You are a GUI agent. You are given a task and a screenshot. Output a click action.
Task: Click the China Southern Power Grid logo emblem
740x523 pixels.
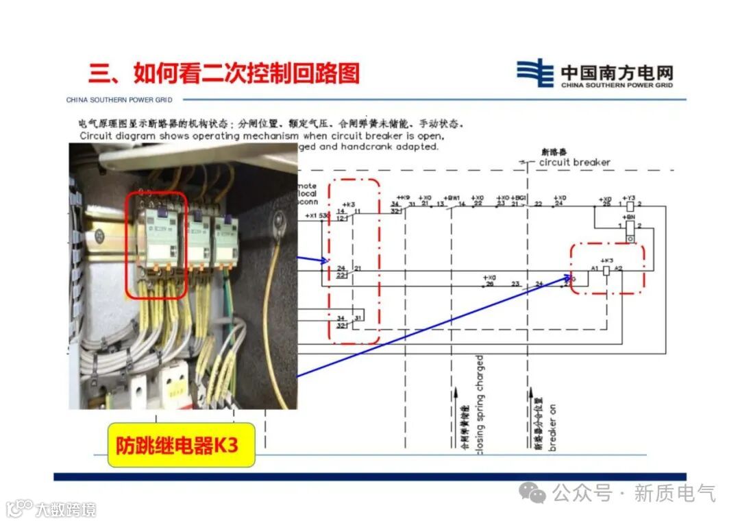tap(534, 73)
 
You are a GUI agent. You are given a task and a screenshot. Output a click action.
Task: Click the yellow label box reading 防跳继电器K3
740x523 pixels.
tap(181, 445)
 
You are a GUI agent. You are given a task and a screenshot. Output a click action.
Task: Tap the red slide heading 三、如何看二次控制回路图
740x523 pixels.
tap(223, 73)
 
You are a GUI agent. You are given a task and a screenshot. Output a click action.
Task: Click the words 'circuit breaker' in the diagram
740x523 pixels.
tap(574, 162)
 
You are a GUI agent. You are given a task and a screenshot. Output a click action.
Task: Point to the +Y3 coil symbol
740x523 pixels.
tap(630, 204)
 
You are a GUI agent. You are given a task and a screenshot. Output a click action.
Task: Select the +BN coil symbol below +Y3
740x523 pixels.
tap(630, 226)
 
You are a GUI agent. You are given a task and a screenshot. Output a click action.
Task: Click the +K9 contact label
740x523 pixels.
tap(403, 197)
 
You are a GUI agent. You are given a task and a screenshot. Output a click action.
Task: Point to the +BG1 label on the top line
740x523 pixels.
tap(520, 197)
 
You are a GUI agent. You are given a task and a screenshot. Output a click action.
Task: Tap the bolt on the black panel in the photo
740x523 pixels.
tap(278, 220)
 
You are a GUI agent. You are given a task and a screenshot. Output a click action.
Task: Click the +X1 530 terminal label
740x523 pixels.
tap(318, 216)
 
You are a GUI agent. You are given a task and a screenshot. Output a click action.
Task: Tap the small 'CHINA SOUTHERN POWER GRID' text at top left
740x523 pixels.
tap(119, 100)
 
